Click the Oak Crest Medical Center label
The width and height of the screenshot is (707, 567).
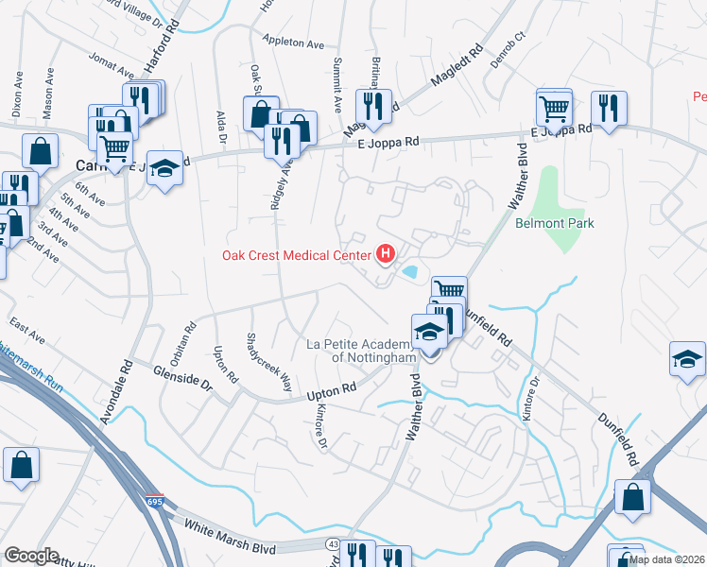pyautogui.click(x=296, y=254)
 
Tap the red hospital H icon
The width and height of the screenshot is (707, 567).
pyautogui.click(x=386, y=253)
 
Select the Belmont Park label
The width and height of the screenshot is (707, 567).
pyautogui.click(x=554, y=224)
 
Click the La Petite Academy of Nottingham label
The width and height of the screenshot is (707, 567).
pyautogui.click(x=362, y=351)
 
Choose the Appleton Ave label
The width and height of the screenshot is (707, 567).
pyautogui.click(x=294, y=43)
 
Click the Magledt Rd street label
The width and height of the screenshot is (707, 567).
pyautogui.click(x=457, y=67)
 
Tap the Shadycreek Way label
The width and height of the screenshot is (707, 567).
pyautogui.click(x=268, y=362)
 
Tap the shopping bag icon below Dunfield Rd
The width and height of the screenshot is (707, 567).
pyautogui.click(x=632, y=496)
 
